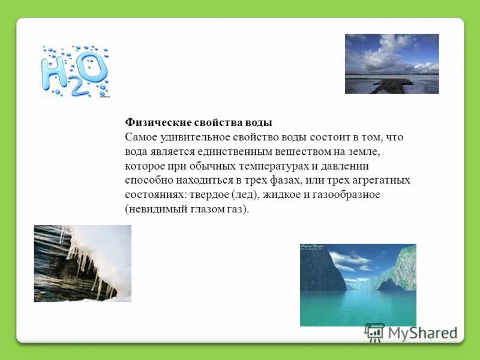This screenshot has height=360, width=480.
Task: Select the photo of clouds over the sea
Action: pos(391,64)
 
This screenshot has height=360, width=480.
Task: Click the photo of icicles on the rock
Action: pos(82,263)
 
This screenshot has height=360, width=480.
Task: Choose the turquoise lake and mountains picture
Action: pos(358,285)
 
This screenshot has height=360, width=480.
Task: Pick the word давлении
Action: pos(355,166)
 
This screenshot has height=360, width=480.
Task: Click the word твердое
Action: pos(209,195)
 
